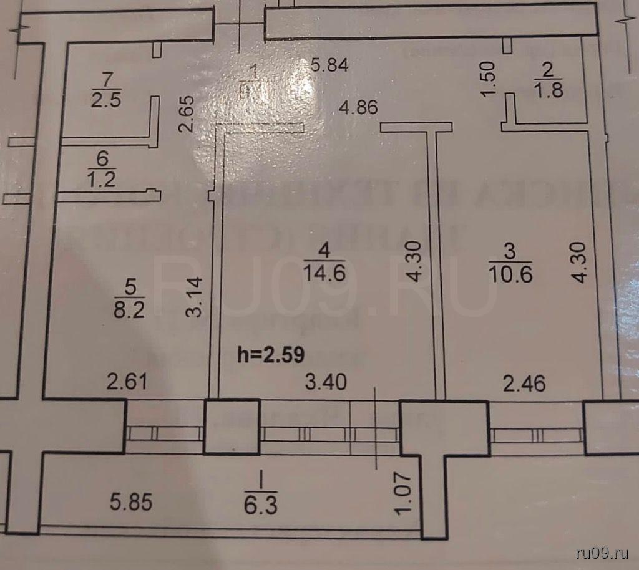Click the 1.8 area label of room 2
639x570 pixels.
pos(549,90)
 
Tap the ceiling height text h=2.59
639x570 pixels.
pos(271,355)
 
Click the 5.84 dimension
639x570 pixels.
pos(329,64)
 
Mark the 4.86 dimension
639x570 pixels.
pos(358,107)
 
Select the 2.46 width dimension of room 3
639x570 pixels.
pos(524,382)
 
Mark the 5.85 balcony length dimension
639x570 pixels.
pos(130,502)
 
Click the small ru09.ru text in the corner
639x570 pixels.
pos(603,553)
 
